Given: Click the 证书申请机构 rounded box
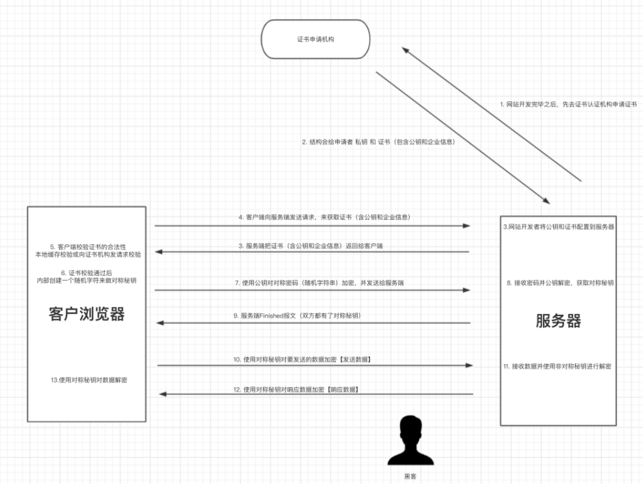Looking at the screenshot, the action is click(315, 39).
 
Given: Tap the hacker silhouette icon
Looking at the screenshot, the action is click(410, 440).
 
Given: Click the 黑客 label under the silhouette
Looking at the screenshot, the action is click(410, 476).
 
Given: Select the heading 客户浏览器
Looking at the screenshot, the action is click(87, 313).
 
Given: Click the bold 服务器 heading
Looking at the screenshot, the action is click(558, 321).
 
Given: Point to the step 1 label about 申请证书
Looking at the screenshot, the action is click(569, 104).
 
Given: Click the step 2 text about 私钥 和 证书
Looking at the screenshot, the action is click(378, 142).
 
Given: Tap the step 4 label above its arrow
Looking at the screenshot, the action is click(324, 217).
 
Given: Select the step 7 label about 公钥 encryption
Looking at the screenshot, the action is click(319, 283).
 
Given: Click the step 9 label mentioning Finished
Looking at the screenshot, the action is click(297, 315).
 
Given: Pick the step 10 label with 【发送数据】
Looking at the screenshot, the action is click(303, 359).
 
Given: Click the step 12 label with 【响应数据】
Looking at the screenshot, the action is click(296, 389).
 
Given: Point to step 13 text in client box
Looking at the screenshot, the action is click(89, 380).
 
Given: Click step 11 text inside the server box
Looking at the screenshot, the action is click(557, 366).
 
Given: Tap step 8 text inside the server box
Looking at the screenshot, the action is click(560, 283).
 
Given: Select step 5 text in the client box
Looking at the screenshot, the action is click(88, 251).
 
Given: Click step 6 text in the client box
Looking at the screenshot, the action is click(87, 276).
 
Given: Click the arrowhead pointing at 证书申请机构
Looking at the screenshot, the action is click(406, 50).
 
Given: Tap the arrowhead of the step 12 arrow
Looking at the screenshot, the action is click(163, 394).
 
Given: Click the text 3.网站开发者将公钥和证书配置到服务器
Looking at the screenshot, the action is click(558, 226).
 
